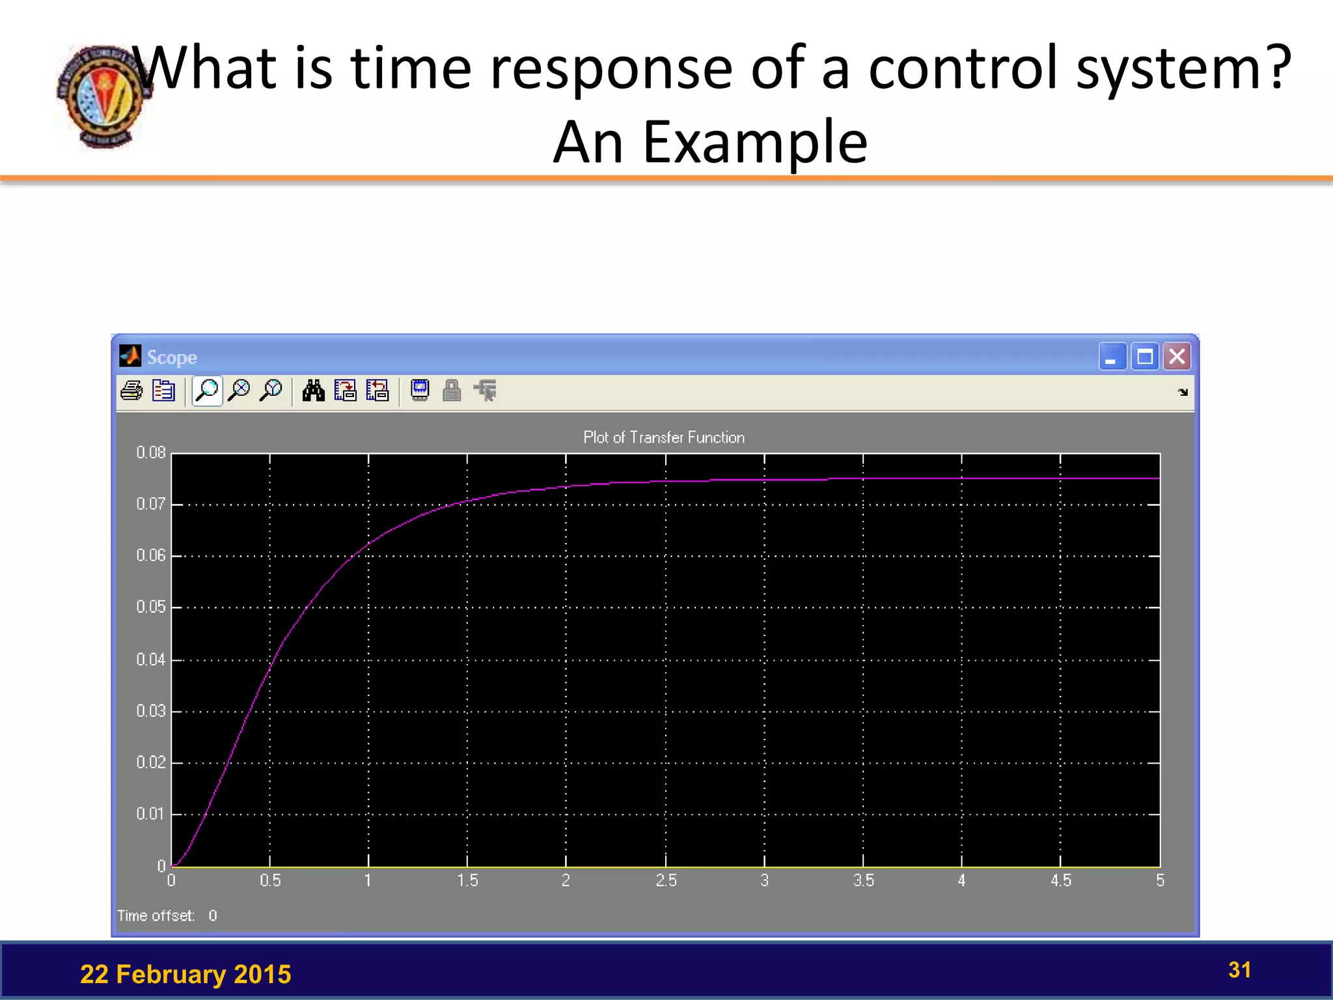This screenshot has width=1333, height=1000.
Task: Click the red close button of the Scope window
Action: pos(1177,357)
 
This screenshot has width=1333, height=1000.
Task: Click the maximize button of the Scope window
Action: pos(1145,357)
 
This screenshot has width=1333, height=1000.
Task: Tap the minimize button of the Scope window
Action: pos(1112,357)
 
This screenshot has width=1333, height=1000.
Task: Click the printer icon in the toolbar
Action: pos(132,391)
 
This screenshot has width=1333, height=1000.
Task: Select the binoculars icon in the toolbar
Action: pos(313,391)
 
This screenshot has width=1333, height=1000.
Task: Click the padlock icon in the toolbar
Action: pos(452,391)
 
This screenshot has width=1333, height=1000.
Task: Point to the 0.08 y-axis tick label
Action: pos(151,452)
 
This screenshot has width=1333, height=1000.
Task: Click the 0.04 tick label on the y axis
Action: pos(151,660)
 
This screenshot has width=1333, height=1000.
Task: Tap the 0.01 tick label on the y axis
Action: pos(151,814)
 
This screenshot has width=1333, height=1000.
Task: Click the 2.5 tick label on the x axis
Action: pos(666,881)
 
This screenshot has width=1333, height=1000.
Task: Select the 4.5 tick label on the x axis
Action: pos(1061,881)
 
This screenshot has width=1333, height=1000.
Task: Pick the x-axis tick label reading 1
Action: pos(368,881)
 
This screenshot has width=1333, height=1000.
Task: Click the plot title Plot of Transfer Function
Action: pos(664,437)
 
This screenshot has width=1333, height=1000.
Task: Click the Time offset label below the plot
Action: pos(156,916)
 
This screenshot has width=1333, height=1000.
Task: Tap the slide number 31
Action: pos(1239,970)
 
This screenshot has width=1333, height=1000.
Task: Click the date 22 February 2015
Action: pos(186,975)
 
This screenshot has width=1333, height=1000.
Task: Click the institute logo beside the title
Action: pos(103,96)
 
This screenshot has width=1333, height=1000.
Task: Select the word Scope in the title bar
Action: pos(172,357)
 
